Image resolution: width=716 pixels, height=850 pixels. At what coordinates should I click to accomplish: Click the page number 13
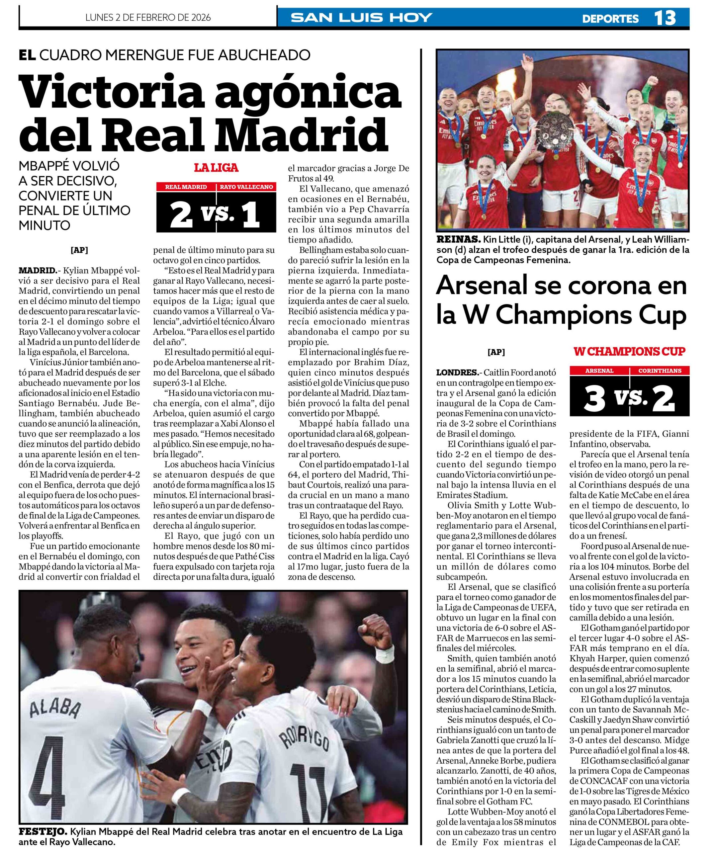click(x=665, y=18)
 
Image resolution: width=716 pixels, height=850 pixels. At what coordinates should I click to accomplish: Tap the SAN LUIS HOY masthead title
click(x=362, y=18)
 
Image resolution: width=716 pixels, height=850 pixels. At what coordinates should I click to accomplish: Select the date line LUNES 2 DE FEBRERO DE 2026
click(x=148, y=18)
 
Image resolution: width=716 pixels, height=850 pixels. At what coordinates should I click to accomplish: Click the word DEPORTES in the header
click(x=610, y=19)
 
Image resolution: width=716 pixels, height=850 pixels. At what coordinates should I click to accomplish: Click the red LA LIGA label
click(x=216, y=168)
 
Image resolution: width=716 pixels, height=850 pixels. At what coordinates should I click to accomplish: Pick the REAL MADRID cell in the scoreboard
click(x=186, y=187)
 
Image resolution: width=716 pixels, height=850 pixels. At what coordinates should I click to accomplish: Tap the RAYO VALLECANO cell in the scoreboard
click(x=246, y=187)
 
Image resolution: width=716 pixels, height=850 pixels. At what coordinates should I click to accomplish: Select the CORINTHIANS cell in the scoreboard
click(x=659, y=371)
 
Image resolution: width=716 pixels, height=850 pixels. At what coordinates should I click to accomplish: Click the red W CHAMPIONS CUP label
click(x=629, y=351)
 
